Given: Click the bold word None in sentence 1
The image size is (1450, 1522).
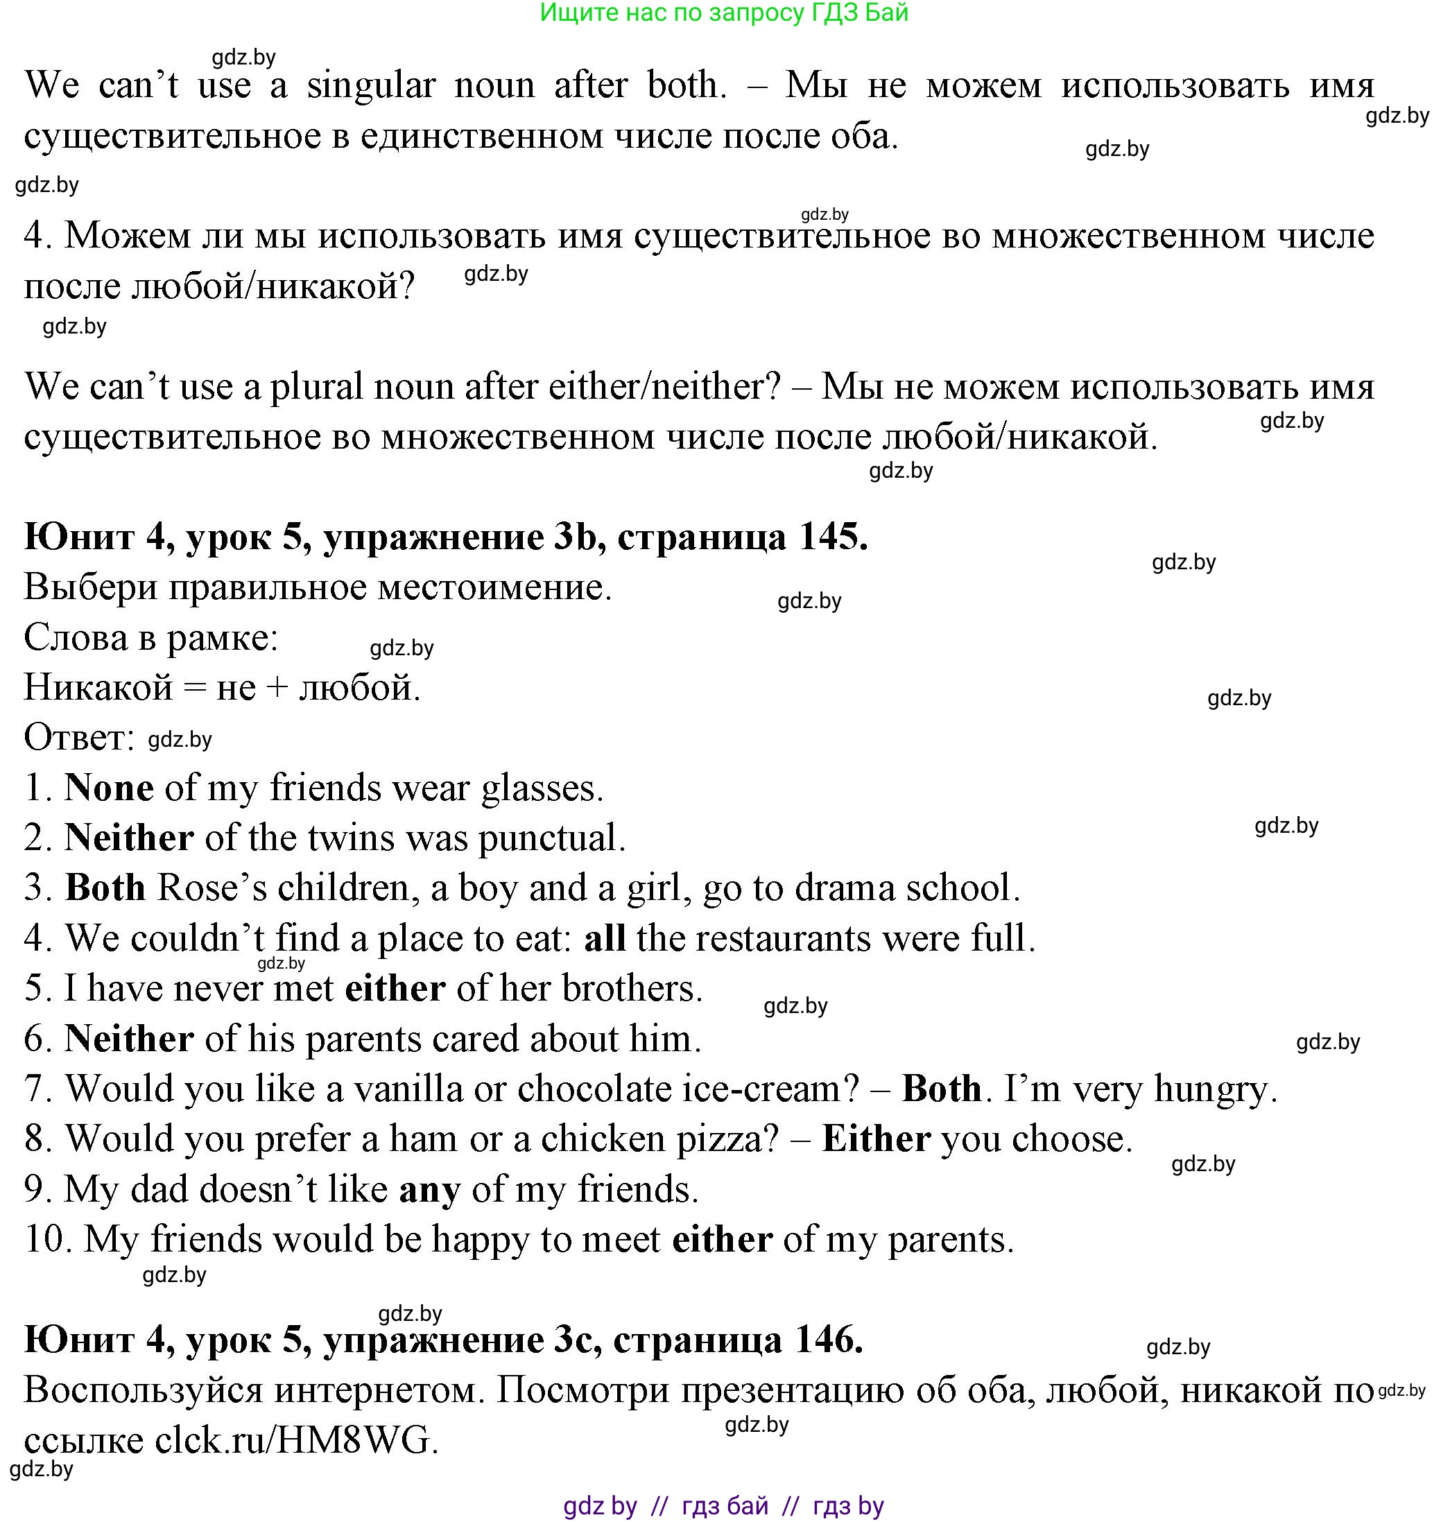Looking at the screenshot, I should pyautogui.click(x=108, y=788).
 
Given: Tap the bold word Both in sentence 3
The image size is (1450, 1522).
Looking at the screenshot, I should pyautogui.click(x=105, y=888).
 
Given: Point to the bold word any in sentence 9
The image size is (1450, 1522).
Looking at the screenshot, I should pyautogui.click(x=429, y=1189).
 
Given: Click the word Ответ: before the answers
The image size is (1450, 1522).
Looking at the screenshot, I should pyautogui.click(x=79, y=737).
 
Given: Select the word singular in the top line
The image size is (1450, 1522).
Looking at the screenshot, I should pyautogui.click(x=370, y=85).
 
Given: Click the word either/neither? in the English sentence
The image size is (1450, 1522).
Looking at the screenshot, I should pyautogui.click(x=665, y=386).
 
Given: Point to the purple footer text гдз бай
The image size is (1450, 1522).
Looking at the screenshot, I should pyautogui.click(x=725, y=1506).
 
